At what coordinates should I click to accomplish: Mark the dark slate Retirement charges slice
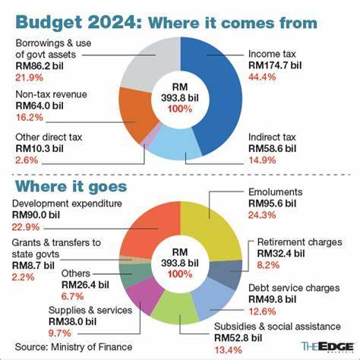(x=226, y=273)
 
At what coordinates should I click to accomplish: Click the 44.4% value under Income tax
(x=262, y=77)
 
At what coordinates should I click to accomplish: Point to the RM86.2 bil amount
(x=39, y=66)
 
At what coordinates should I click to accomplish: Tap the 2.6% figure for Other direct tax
(x=27, y=160)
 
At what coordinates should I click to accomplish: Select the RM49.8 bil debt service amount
(x=272, y=299)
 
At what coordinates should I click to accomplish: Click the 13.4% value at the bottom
(x=229, y=350)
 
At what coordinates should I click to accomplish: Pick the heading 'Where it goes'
(x=71, y=187)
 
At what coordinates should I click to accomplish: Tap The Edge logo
(x=327, y=347)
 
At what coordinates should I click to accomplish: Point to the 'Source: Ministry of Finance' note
(x=74, y=347)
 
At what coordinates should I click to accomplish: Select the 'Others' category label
(x=76, y=273)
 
